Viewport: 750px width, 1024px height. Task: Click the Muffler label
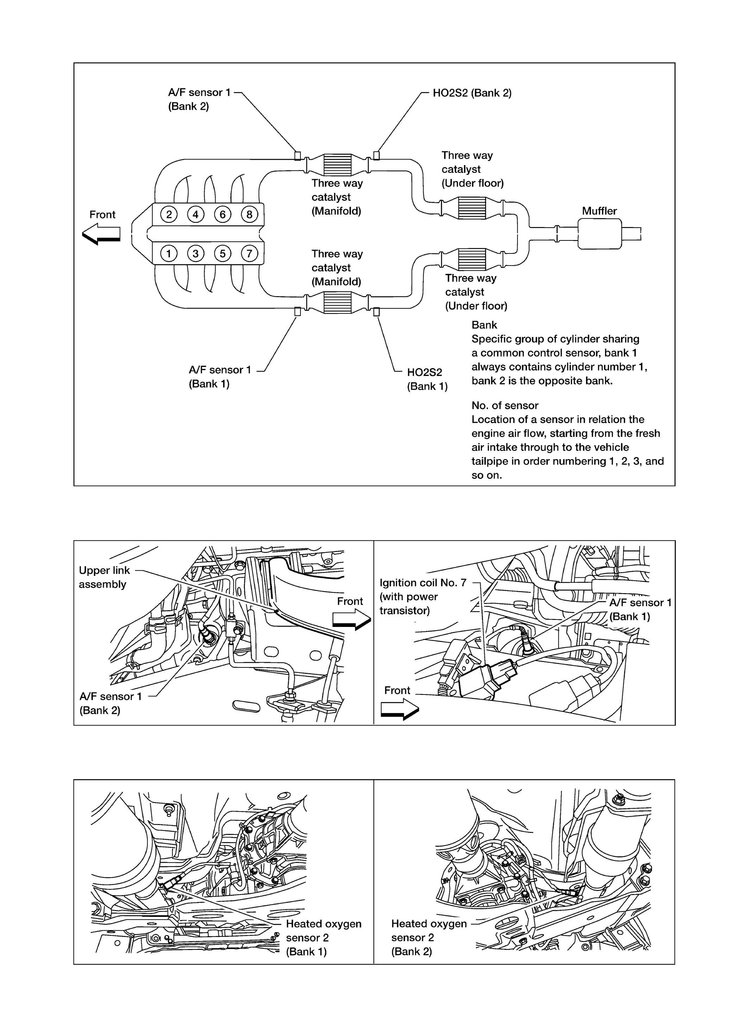599,211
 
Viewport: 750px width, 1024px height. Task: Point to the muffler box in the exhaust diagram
599,234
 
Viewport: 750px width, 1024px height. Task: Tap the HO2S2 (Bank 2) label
472,93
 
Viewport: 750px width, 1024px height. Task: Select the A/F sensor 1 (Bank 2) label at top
199,99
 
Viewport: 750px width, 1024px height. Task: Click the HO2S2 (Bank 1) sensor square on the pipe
376,312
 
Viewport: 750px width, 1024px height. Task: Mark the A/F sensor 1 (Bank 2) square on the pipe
298,156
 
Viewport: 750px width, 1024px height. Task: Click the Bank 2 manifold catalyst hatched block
337,164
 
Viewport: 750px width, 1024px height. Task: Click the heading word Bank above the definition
484,325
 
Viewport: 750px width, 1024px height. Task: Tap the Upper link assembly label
105,577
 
